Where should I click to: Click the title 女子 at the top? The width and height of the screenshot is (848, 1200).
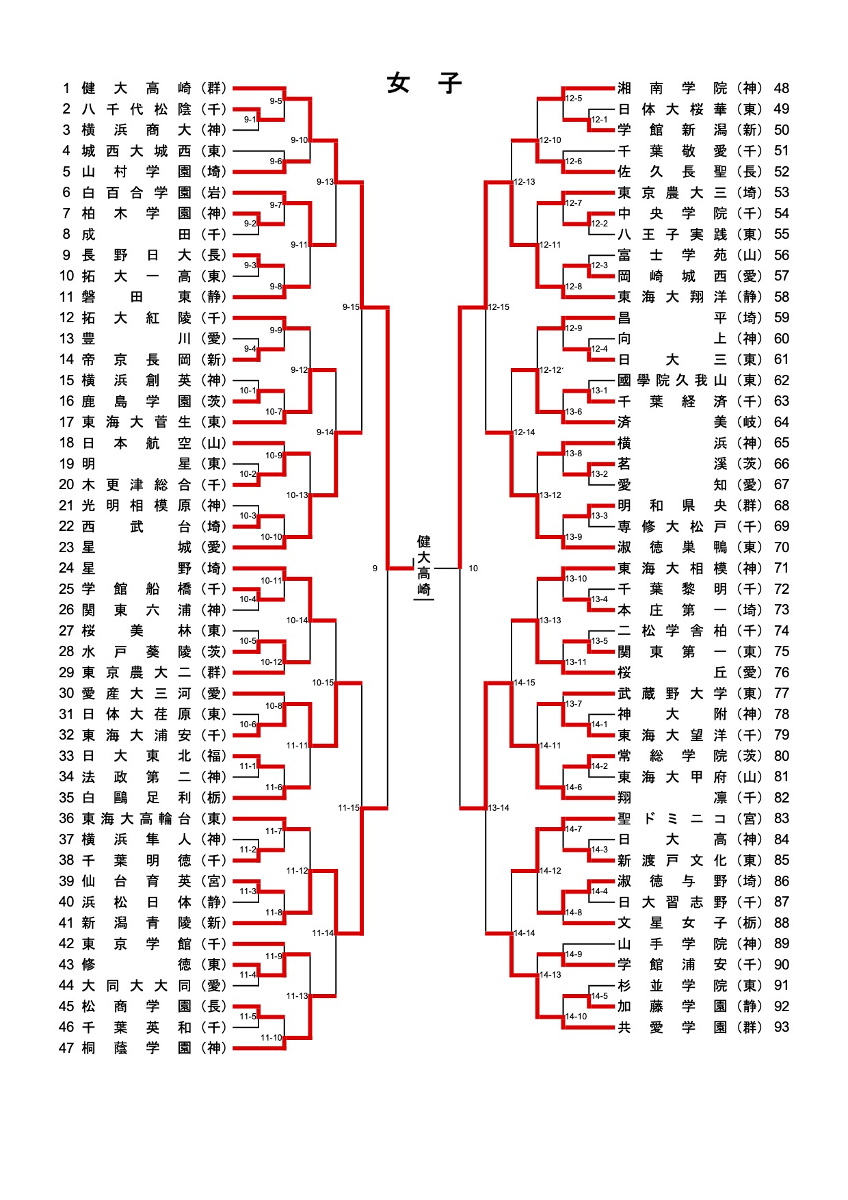(424, 83)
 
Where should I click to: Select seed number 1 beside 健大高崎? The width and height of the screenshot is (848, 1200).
(66, 88)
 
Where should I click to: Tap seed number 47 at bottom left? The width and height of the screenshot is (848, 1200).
(66, 1048)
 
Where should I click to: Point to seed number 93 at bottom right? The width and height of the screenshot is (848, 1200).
(782, 1027)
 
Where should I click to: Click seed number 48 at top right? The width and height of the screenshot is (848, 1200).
(782, 88)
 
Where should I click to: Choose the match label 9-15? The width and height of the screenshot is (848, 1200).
(351, 307)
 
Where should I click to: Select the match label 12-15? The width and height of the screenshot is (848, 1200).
(499, 307)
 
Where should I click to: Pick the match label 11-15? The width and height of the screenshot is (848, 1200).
(348, 808)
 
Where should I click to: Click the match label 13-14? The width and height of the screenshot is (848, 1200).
(499, 808)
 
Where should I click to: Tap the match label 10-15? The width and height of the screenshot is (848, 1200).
(323, 683)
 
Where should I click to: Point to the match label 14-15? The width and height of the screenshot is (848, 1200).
(525, 683)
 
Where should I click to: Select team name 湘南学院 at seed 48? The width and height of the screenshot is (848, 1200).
(672, 88)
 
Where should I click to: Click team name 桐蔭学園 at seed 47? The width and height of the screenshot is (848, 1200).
(137, 1048)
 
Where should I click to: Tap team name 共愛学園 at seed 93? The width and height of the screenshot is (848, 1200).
(672, 1027)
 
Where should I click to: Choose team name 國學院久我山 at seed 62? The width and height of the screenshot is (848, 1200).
(672, 380)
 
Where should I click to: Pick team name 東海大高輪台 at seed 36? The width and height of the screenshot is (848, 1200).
(137, 818)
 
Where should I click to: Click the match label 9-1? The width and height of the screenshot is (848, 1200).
(250, 120)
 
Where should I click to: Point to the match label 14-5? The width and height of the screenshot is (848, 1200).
(599, 996)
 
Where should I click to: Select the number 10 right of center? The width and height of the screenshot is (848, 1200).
(473, 569)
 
